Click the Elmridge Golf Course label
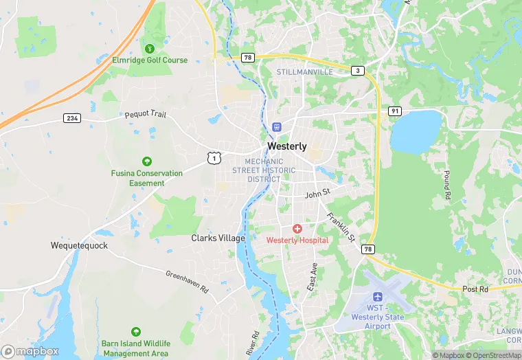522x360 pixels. (x=150, y=60)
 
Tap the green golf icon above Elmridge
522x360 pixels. (x=150, y=48)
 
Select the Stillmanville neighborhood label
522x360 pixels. (x=304, y=71)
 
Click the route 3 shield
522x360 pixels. (x=357, y=71)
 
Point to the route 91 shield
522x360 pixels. (x=394, y=111)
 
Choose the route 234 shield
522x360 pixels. (x=72, y=118)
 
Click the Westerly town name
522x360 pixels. (x=286, y=146)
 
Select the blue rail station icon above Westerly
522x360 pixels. (x=277, y=127)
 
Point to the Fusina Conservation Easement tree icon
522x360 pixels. (x=146, y=161)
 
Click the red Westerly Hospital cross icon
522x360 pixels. (x=297, y=228)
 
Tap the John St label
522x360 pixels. (x=318, y=194)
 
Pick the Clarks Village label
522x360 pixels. (x=218, y=238)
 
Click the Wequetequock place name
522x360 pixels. (x=79, y=245)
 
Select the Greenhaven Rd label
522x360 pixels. (x=187, y=282)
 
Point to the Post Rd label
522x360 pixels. (x=475, y=289)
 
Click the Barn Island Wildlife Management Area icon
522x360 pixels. (x=135, y=332)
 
